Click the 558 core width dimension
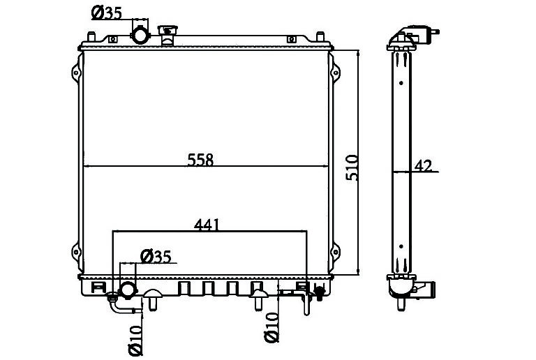pyautogui.click(x=200, y=160)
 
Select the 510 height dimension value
pyautogui.click(x=352, y=167)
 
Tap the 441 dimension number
pyautogui.click(x=207, y=225)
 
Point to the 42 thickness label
pyautogui.click(x=423, y=165)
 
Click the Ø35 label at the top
pyautogui.click(x=106, y=13)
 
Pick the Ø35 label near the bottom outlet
pyautogui.click(x=156, y=257)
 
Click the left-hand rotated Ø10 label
pyautogui.click(x=135, y=340)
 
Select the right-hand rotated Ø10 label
pyautogui.click(x=271, y=327)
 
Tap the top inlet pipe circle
pyautogui.click(x=140, y=35)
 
